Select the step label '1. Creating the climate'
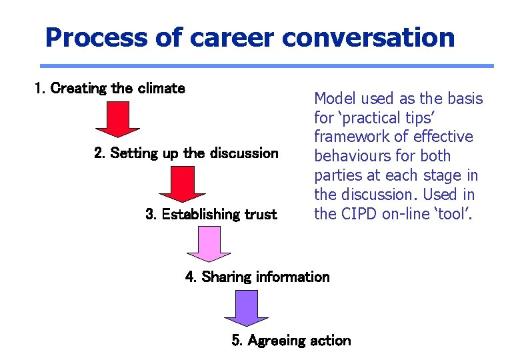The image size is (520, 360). (x=110, y=89)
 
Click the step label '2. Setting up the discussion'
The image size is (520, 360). (x=187, y=153)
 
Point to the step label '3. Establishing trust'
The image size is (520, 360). (x=211, y=215)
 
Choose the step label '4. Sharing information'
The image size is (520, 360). (x=257, y=277)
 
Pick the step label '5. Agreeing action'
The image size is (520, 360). (x=291, y=341)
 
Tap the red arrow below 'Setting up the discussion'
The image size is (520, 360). (x=181, y=183)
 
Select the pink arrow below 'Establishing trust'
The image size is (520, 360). (x=209, y=245)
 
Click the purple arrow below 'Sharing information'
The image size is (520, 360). (x=245, y=308)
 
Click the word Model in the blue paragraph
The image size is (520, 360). (x=335, y=99)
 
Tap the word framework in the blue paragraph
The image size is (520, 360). (x=353, y=137)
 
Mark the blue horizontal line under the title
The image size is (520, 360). (x=267, y=66)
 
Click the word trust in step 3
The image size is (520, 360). (x=261, y=215)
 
